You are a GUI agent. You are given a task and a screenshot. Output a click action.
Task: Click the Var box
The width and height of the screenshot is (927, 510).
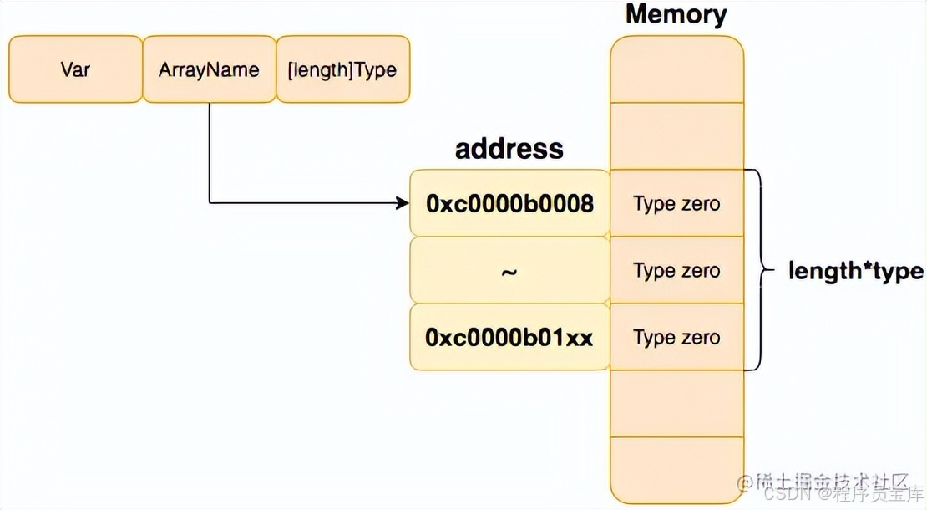[75, 69]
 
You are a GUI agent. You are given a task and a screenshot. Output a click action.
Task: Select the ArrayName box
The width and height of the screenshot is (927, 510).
[209, 69]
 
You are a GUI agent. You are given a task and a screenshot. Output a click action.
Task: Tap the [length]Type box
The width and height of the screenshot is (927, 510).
[342, 69]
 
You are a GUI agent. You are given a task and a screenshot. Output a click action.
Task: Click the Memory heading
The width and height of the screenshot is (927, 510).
[676, 14]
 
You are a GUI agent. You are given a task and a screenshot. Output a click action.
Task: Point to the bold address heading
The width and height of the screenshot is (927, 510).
[509, 149]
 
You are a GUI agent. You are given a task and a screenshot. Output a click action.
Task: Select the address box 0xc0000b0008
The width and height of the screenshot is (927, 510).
[509, 203]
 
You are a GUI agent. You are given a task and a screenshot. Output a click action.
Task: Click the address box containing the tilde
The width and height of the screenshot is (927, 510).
[509, 270]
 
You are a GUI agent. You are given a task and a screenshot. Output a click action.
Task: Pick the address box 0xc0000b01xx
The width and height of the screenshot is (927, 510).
[509, 337]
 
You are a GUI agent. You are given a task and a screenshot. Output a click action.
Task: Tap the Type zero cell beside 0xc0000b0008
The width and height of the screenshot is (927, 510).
[676, 203]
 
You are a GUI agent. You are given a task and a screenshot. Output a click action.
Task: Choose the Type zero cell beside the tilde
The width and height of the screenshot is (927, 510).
[676, 270]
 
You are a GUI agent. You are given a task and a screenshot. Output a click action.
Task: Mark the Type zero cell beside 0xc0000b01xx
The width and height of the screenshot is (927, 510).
[676, 337]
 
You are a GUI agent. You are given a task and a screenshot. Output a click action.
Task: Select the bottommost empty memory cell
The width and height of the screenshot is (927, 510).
[676, 468]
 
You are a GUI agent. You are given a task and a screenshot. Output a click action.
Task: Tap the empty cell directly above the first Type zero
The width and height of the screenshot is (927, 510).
[676, 136]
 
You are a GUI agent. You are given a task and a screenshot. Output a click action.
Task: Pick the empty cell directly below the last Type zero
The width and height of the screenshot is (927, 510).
[676, 404]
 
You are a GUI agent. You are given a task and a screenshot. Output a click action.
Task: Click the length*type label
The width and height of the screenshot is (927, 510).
[856, 271]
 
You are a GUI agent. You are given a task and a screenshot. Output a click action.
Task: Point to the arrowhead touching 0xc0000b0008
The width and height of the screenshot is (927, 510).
[403, 202]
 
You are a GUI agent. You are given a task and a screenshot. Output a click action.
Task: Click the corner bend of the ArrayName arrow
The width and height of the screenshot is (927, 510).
[209, 202]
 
